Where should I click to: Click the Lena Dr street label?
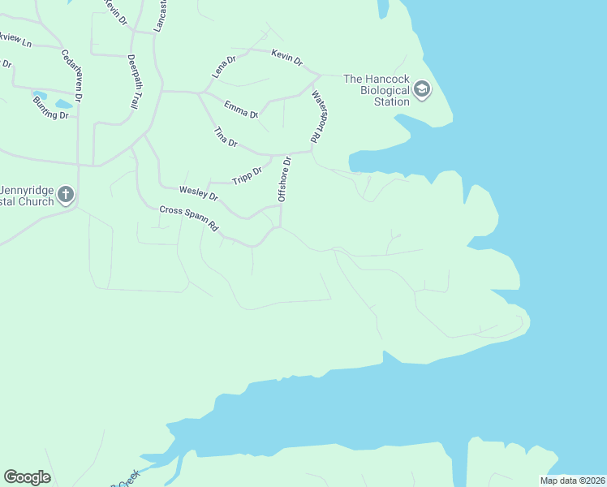pyautogui.click(x=224, y=66)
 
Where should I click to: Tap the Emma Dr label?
pyautogui.click(x=241, y=110)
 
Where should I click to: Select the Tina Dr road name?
pyautogui.click(x=225, y=137)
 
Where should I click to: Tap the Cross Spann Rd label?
pyautogui.click(x=190, y=219)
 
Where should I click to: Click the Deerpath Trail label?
pyautogui.click(x=132, y=82)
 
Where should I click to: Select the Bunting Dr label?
pyautogui.click(x=50, y=114)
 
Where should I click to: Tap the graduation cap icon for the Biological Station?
pyautogui.click(x=422, y=88)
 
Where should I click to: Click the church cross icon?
pyautogui.click(x=66, y=194)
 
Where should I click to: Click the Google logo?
pyautogui.click(x=27, y=477)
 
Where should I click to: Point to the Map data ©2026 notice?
pyautogui.click(x=572, y=481)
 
